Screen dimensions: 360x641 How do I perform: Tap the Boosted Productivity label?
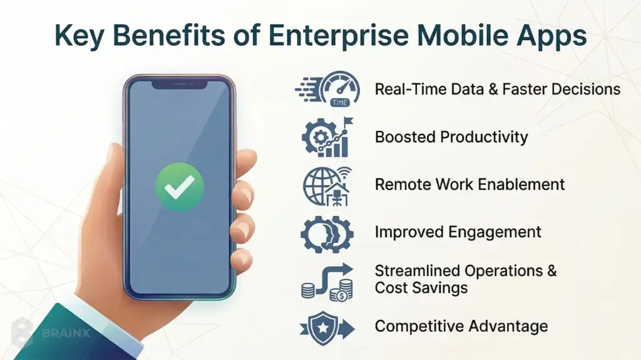pos(451,136)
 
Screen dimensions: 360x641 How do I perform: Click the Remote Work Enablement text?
pos(469,184)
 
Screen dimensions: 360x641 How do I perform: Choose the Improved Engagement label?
pos(458,232)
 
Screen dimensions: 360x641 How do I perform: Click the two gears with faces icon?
pos(327,233)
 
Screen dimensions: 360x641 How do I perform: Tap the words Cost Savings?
pos(421,287)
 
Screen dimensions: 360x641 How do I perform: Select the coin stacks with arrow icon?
pos(327,281)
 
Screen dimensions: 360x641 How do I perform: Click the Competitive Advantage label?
pos(461,326)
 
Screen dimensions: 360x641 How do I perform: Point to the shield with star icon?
pos(327,327)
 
